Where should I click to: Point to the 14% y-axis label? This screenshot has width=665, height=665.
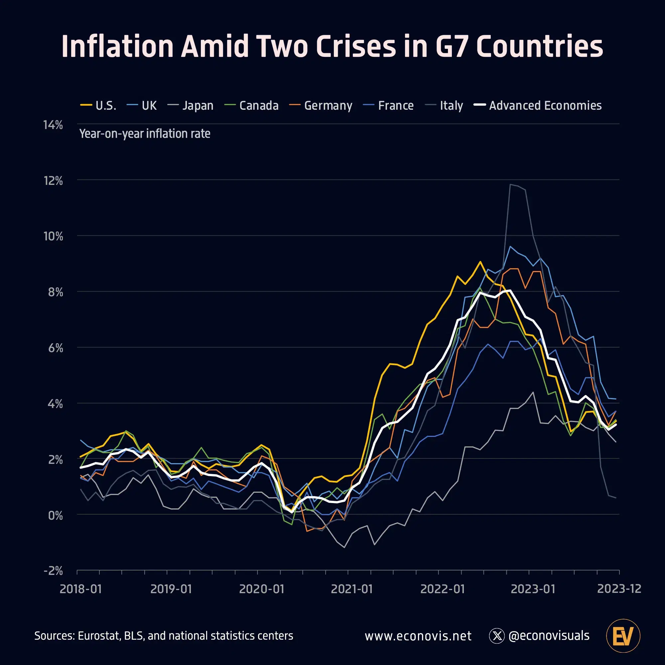tap(53, 125)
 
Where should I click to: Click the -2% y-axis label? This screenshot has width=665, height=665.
tap(53, 571)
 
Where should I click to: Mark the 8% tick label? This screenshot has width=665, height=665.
tap(55, 292)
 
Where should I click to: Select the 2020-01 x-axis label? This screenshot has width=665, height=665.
tap(262, 589)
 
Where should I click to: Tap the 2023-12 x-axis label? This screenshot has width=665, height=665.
tap(619, 589)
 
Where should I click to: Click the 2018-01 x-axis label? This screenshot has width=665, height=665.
tap(81, 589)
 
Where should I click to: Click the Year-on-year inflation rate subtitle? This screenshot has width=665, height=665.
tap(145, 134)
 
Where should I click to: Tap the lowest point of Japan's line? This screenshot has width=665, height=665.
tap(344, 547)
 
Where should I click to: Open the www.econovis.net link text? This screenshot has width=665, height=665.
tap(418, 636)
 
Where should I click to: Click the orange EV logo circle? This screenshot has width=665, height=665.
tap(623, 636)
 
